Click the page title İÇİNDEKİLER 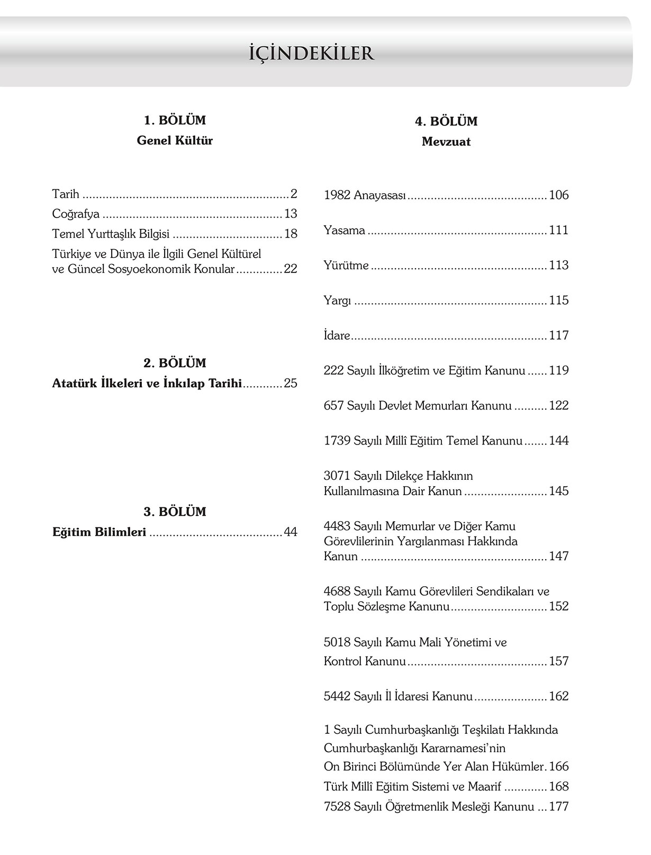click(x=311, y=53)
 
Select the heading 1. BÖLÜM click(x=175, y=121)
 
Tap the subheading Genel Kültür click(x=175, y=141)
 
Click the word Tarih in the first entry click(x=66, y=194)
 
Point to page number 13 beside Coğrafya click(x=291, y=214)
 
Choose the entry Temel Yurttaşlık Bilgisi click(x=111, y=234)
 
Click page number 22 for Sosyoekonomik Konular click(x=291, y=269)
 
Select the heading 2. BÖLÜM click(x=175, y=363)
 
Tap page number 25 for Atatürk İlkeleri click(x=291, y=384)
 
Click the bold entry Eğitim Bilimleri click(x=100, y=532)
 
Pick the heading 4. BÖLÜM click(x=446, y=122)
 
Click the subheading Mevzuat click(x=446, y=142)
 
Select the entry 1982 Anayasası click(x=365, y=195)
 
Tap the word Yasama click(x=345, y=231)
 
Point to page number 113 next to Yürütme click(x=558, y=265)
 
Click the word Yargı click(x=337, y=301)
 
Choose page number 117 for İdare click(x=558, y=335)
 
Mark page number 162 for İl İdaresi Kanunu click(x=558, y=696)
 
